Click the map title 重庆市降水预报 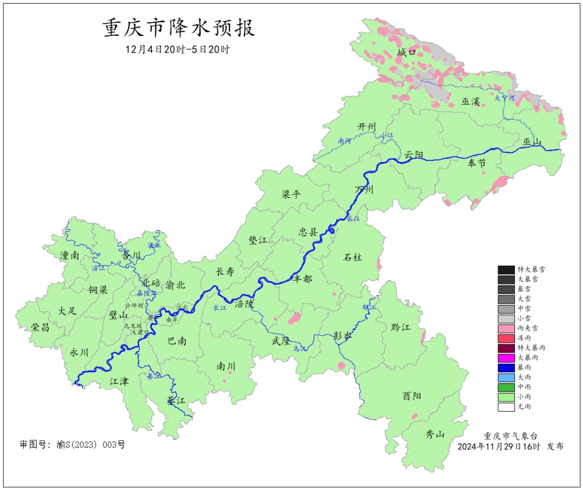coord(179,28)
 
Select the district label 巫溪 coord(471,101)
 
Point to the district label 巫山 coord(532,142)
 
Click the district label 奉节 coord(477,164)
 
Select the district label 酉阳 coord(412,396)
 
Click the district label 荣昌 coord(40,327)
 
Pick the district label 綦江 coord(176,401)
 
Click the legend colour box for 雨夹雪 coord(506,328)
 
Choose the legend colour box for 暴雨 coord(506,367)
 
